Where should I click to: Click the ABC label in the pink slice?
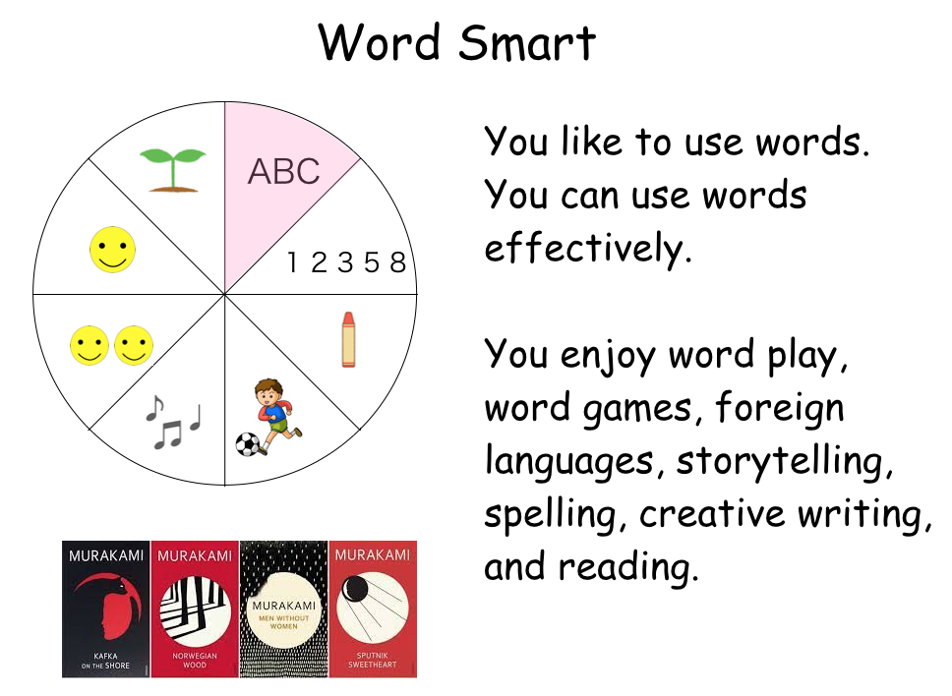[283, 171]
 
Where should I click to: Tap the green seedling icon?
[173, 170]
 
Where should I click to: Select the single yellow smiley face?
[112, 250]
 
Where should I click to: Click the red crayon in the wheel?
[348, 340]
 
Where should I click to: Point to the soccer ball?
[248, 444]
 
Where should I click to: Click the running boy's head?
[268, 391]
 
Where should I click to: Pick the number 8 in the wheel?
[397, 262]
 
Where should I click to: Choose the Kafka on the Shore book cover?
[105, 609]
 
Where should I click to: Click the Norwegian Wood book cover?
[195, 609]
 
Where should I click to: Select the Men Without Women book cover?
[283, 609]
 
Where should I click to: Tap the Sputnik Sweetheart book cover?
[373, 609]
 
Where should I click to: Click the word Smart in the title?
[527, 42]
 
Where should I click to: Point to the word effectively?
[588, 248]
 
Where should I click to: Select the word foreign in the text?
[780, 408]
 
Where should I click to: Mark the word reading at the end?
[628, 568]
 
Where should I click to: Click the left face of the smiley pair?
[89, 345]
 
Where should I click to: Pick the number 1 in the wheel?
[293, 262]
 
